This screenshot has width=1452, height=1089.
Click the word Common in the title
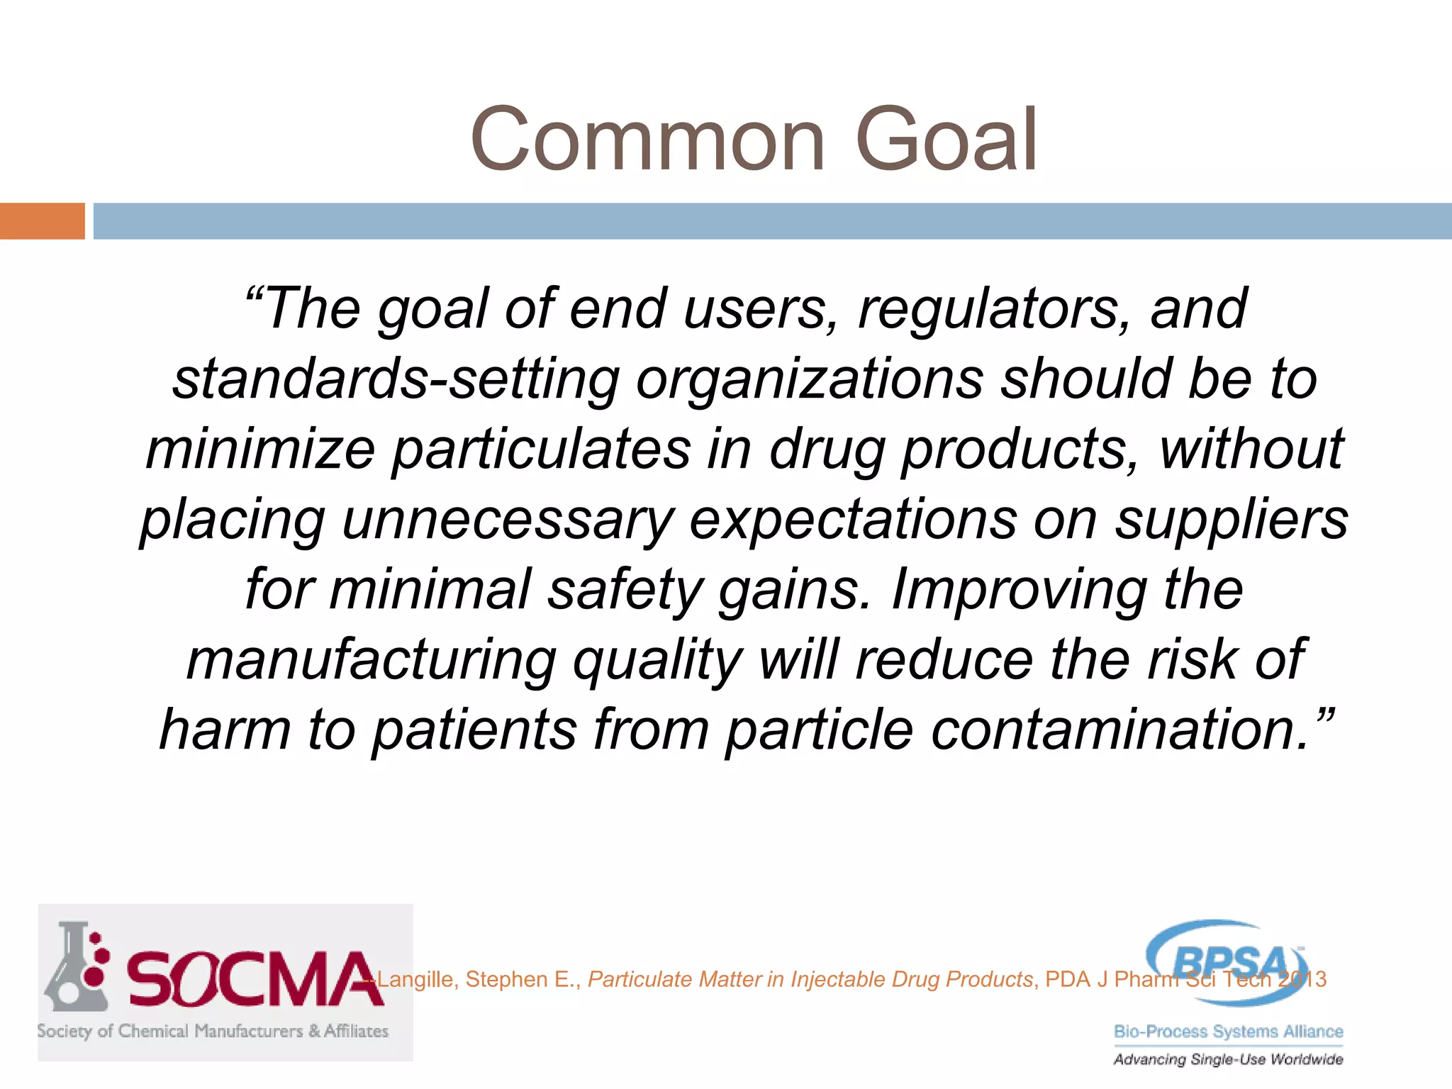pos(648,140)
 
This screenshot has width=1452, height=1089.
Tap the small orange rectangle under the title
pos(42,221)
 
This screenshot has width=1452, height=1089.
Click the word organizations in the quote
pos(810,379)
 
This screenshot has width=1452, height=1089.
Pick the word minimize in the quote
pos(260,449)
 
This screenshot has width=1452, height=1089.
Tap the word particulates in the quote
pos(542,449)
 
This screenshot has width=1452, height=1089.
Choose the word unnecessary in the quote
pos(508,520)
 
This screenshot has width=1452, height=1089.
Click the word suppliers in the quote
pos(1232,520)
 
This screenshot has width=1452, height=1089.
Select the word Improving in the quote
pos(1018,590)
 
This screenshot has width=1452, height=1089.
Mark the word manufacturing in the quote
pos(372,660)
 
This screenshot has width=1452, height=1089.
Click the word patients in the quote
pos(474,730)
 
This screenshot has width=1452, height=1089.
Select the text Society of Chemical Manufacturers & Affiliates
pos(213,1031)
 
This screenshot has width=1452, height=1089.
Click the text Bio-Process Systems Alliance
pos(1228,1032)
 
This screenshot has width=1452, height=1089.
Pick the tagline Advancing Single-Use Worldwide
pos(1228,1059)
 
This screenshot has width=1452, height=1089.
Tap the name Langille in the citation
pos(415,980)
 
